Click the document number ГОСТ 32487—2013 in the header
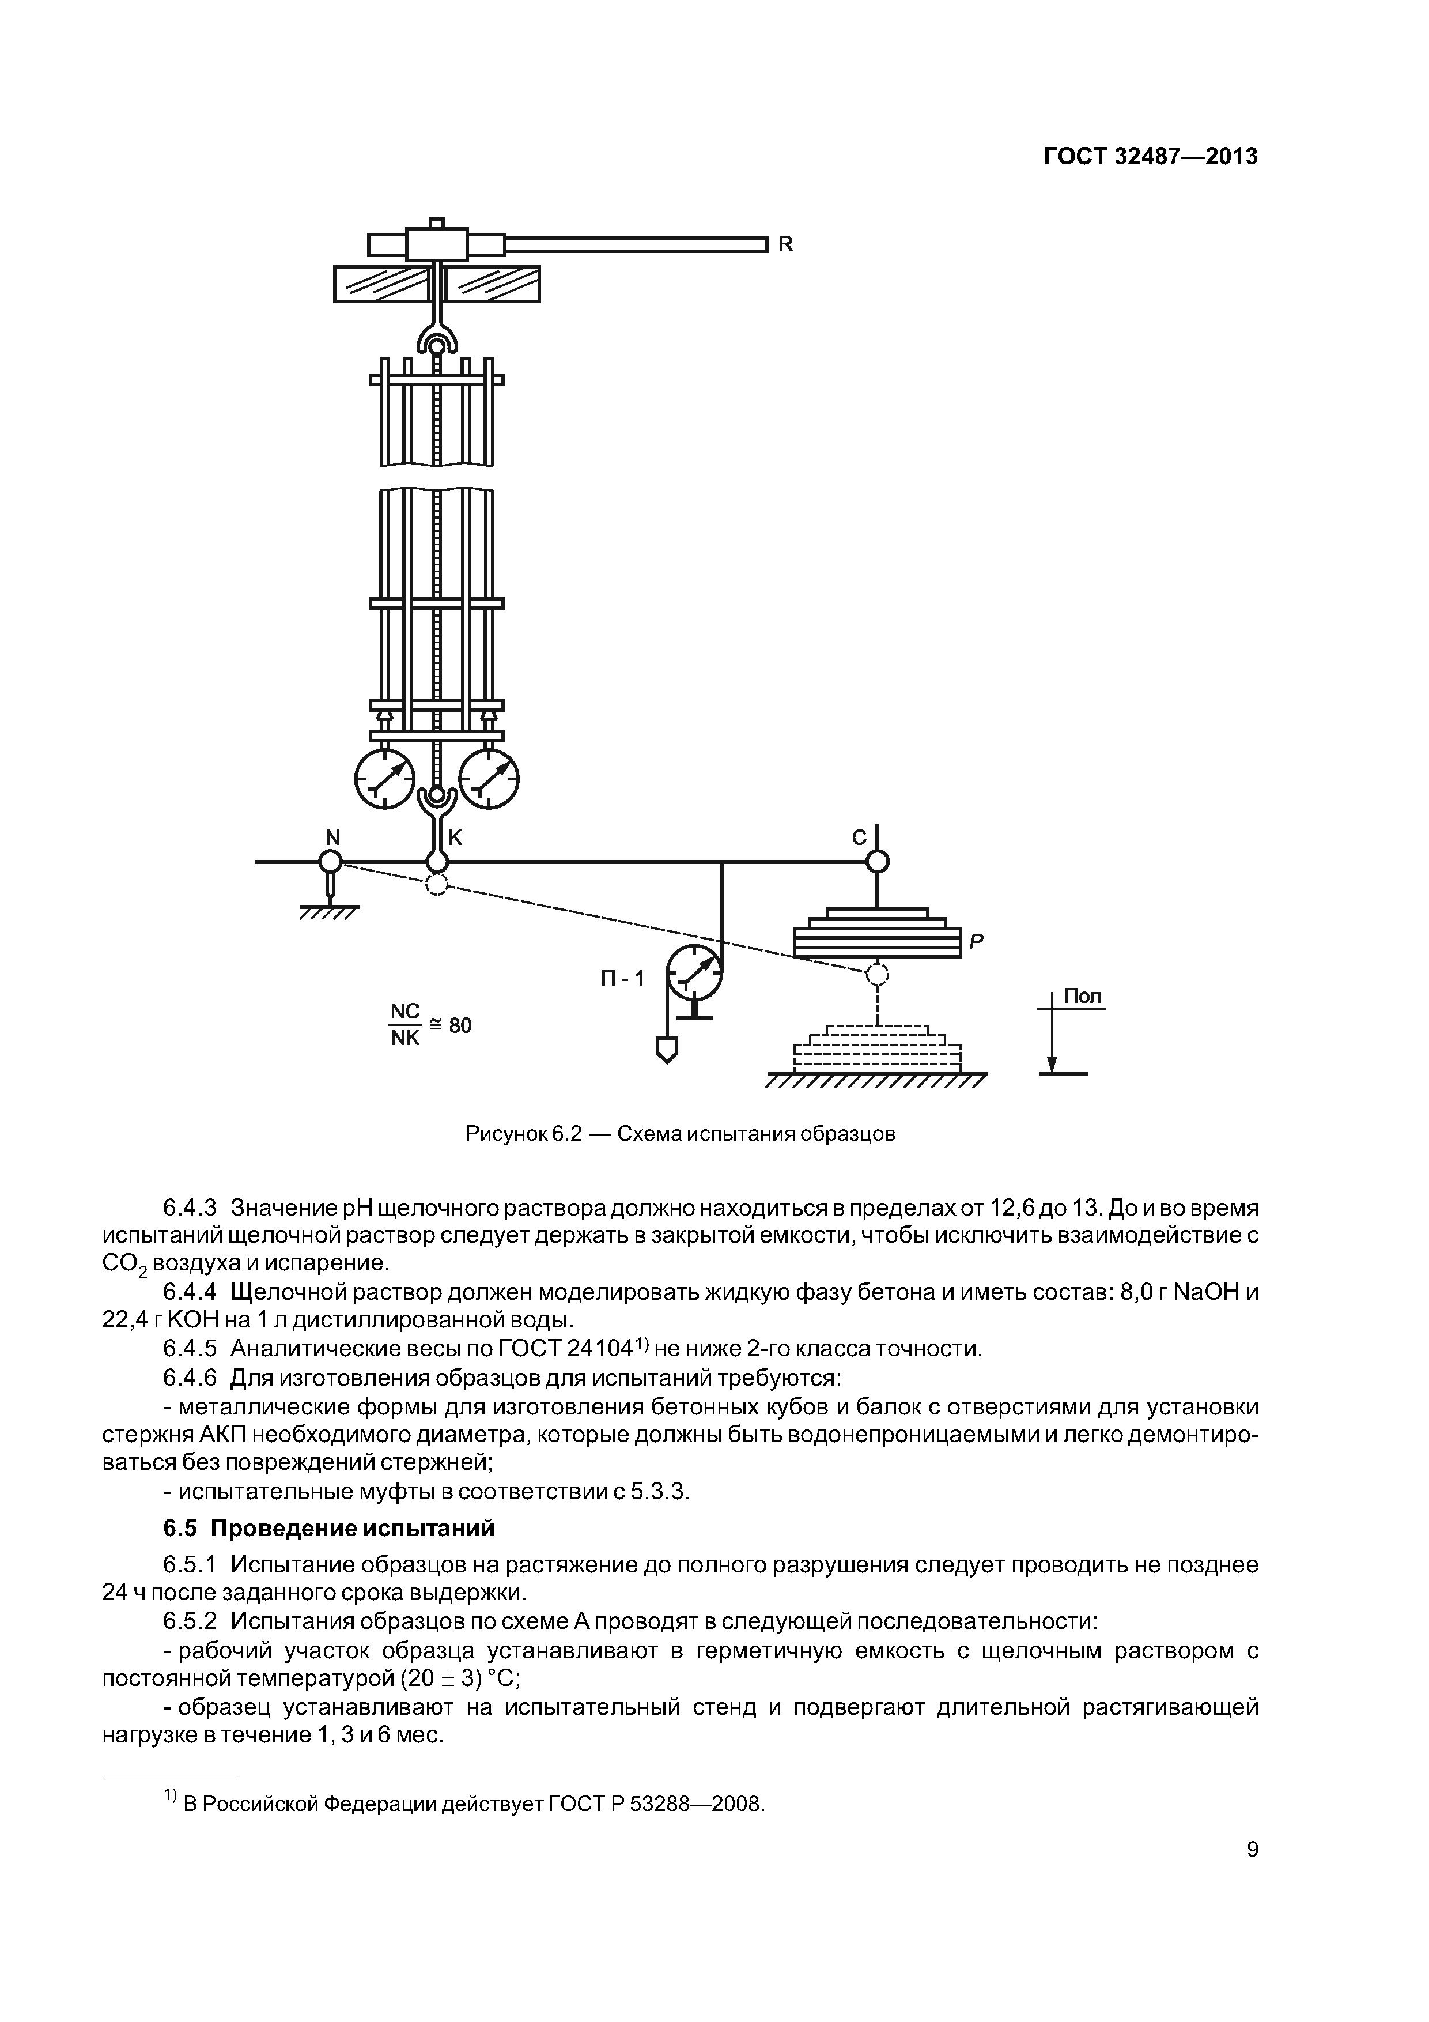tap(1150, 157)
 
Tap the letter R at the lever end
tap(785, 245)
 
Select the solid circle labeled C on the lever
tap(877, 861)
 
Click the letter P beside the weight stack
tap(976, 941)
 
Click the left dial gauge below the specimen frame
tap(385, 777)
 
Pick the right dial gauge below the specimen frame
tap(490, 777)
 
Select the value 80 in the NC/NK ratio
tap(460, 1025)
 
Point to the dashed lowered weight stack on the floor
tap(877, 1048)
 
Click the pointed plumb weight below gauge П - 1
tap(667, 1049)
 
